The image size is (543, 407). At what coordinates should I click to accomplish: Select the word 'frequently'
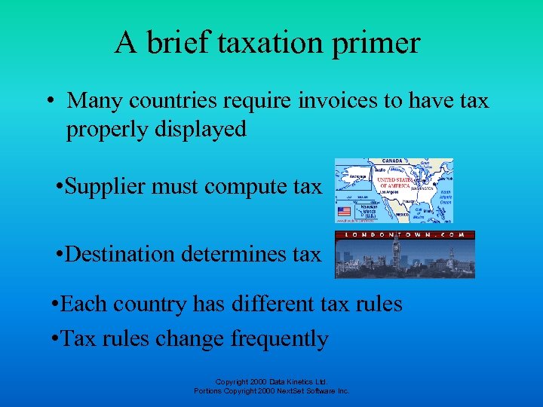279,338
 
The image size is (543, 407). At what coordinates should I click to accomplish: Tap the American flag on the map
345,212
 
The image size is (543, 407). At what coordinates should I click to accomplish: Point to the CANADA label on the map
393,161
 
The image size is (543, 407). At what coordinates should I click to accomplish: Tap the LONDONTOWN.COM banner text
405,235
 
